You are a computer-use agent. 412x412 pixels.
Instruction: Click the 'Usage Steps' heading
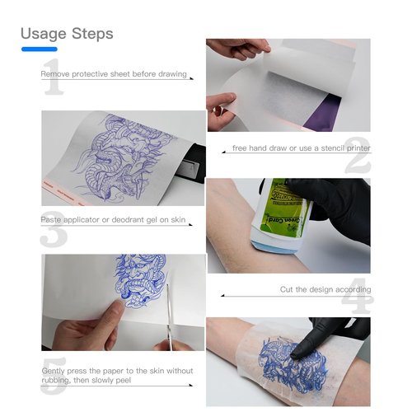click(x=67, y=34)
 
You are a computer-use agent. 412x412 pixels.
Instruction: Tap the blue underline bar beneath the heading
click(x=39, y=49)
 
